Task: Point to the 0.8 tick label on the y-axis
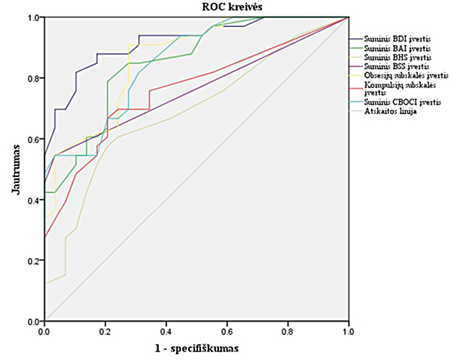33,78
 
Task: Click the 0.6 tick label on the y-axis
33,139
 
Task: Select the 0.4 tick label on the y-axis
33,200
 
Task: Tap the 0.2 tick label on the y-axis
33,261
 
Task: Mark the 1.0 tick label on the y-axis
33,17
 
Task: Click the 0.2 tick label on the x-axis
105,331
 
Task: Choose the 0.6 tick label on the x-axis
227,331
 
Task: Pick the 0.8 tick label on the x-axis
288,331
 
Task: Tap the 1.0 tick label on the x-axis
349,331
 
